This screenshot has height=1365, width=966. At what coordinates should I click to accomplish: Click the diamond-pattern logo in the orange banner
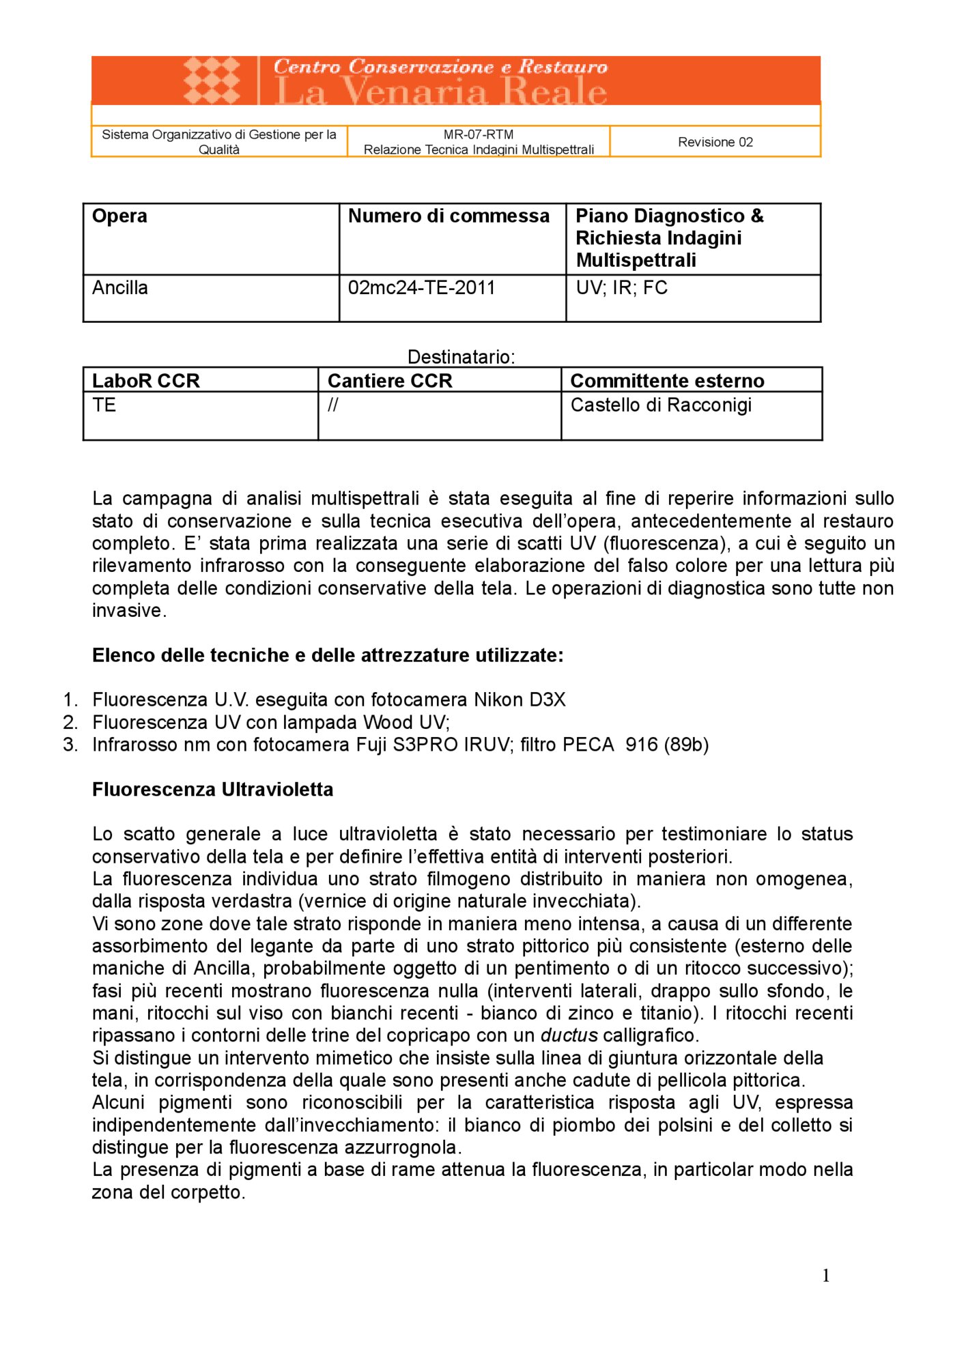coord(212,80)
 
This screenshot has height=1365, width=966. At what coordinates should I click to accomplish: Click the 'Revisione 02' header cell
coord(715,142)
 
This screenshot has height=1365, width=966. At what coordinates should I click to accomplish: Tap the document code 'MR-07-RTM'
coord(478,134)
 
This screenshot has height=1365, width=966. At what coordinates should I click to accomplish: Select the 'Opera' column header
coord(119,216)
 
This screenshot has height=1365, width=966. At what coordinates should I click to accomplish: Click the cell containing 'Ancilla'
coord(120,288)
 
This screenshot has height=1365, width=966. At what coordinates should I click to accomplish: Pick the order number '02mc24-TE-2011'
coord(421,288)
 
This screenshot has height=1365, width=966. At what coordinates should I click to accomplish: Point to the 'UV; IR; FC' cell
coord(621,288)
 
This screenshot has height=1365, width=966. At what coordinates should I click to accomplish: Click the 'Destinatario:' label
coord(461,357)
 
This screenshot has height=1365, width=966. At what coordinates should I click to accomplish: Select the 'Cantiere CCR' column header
coord(390,381)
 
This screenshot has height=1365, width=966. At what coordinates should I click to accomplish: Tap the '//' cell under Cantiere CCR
coord(332,405)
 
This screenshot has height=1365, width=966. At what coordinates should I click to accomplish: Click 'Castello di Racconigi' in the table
coord(660,405)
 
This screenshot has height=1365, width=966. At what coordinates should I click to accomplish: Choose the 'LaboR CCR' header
coord(146,381)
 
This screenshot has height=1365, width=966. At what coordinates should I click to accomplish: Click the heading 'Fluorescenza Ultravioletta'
coord(212,790)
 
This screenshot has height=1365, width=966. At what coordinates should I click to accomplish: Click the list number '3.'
coord(70,745)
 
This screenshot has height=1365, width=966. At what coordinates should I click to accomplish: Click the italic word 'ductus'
coord(569,1036)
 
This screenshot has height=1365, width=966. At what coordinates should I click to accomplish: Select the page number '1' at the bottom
coord(825,1276)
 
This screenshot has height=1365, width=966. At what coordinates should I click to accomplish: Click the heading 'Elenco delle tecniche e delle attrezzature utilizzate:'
coord(328,656)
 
